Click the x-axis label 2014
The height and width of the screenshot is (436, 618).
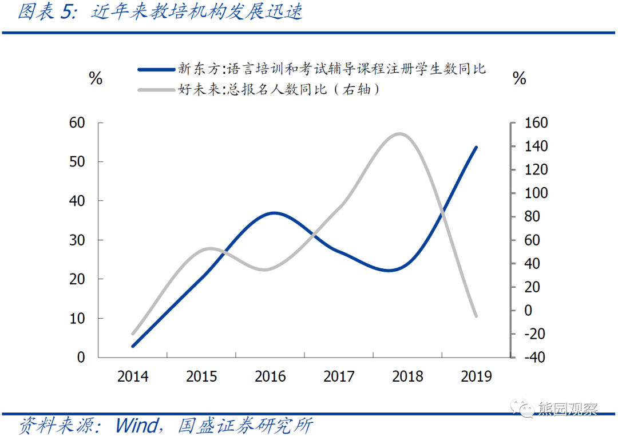coord(133,376)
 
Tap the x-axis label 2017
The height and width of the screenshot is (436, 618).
coord(339,376)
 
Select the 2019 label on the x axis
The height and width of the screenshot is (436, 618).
coord(476,376)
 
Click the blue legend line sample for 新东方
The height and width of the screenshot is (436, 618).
coord(156,69)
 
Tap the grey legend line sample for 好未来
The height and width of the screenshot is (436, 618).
coord(156,89)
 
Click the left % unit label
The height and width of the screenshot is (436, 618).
coord(96,78)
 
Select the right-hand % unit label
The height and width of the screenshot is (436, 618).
coord(520,78)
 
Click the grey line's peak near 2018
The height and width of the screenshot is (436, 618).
coord(399,134)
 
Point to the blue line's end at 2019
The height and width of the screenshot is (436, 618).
coord(476,147)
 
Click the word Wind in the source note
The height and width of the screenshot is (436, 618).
coord(137,426)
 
